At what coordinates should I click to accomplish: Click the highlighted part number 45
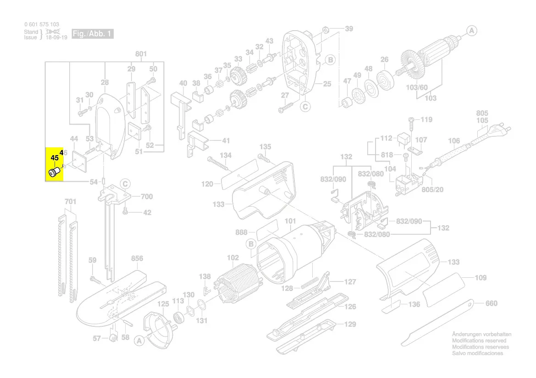pos(55,158)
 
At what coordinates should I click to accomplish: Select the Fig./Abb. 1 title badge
pos(92,34)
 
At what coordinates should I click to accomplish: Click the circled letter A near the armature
pos(472,31)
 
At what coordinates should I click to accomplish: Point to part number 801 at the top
pos(141,54)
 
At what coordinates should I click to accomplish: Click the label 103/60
pos(417,87)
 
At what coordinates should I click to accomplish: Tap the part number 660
pos(491,303)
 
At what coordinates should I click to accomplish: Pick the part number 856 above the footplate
pos(137,259)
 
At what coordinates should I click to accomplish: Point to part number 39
pos(349,29)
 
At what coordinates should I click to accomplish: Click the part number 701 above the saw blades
pos(70,201)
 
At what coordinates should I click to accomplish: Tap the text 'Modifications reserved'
pos(479,341)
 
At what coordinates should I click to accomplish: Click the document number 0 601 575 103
pos(41,24)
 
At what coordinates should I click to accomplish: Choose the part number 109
pos(481,278)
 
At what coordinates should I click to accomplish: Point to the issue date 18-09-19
pos(56,38)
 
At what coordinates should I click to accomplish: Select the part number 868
pos(241,233)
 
